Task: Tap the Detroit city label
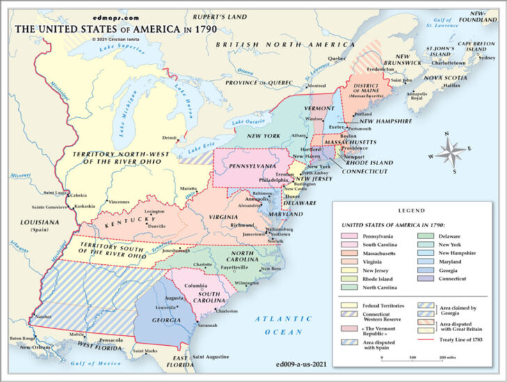coord(169,138)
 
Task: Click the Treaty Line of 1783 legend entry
coord(453,339)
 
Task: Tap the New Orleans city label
coord(34,347)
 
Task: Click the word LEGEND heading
coord(410,210)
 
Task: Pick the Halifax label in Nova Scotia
coord(452,85)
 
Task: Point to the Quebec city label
coord(336,59)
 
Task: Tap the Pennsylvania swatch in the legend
coord(347,236)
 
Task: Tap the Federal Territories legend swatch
coord(347,305)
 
